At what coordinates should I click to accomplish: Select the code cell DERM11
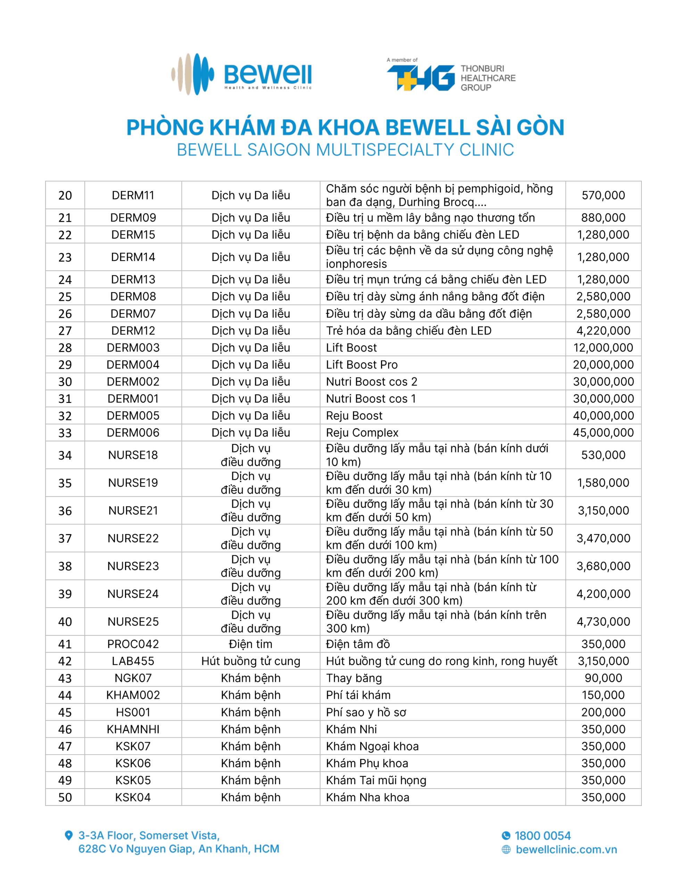[133, 195]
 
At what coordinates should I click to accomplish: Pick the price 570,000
[603, 195]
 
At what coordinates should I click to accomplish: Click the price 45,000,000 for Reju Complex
[603, 432]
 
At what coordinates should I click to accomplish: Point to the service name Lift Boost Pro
[362, 365]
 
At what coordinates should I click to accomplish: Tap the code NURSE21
[133, 511]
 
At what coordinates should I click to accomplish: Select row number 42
[65, 661]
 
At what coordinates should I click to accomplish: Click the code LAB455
[133, 661]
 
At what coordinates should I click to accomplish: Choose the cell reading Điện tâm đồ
[358, 644]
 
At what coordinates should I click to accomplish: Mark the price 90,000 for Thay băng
[603, 678]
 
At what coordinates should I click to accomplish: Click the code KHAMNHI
[133, 729]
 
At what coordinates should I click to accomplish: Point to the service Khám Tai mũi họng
[376, 780]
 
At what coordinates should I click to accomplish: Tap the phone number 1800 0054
[543, 836]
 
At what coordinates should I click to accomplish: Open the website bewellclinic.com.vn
[566, 850]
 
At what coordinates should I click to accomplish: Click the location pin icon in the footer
[69, 835]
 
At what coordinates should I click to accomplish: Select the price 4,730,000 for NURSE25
[603, 622]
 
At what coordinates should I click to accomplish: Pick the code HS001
[133, 712]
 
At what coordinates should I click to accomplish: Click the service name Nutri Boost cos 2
[371, 382]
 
